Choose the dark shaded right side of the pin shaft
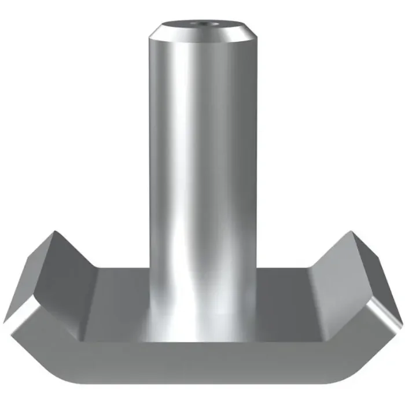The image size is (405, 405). [246, 174]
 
